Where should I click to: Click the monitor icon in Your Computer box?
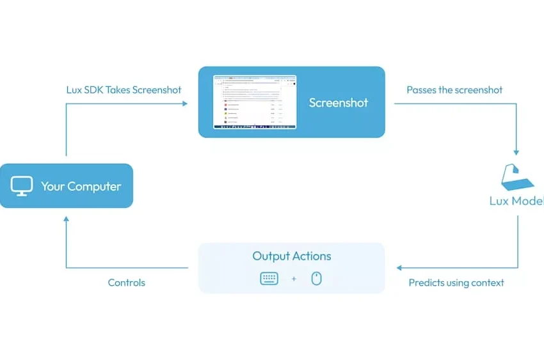click(x=22, y=186)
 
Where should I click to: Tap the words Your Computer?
click(x=81, y=187)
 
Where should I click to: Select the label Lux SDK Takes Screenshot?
click(x=124, y=90)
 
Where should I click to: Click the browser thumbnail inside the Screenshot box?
click(x=255, y=102)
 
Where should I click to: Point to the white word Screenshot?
click(x=339, y=102)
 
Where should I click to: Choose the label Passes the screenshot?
click(x=454, y=90)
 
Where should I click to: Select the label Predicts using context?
click(x=456, y=283)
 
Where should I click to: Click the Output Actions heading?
click(x=292, y=256)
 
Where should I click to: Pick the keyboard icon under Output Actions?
click(x=269, y=279)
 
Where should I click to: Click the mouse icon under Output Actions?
click(x=316, y=279)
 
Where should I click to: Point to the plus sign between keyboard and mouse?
click(x=294, y=279)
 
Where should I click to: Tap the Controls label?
click(x=126, y=283)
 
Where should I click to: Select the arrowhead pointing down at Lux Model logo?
click(x=516, y=152)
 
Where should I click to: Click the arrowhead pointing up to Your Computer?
click(x=67, y=219)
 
